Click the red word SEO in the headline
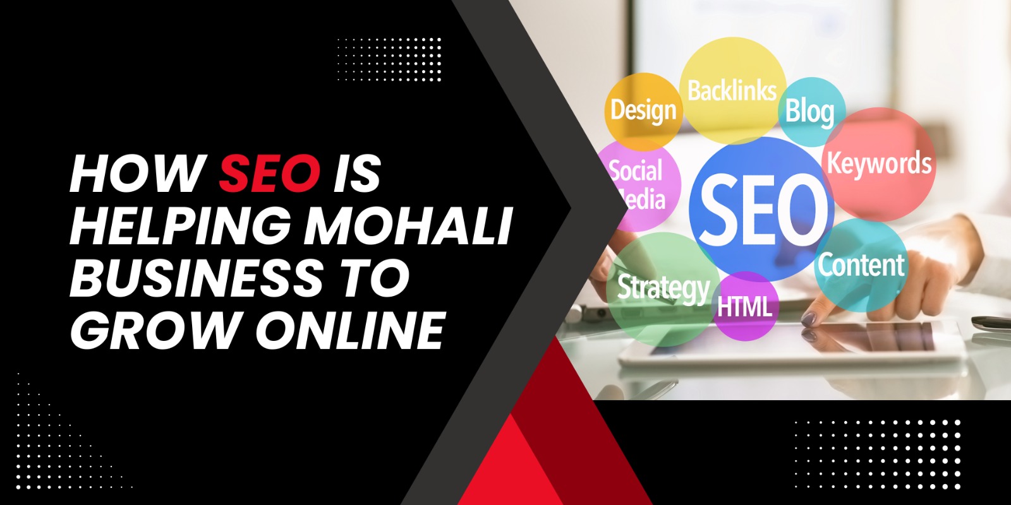(269, 174)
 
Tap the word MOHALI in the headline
(408, 225)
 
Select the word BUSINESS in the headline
(196, 278)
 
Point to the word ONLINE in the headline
(351, 330)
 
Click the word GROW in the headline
(155, 330)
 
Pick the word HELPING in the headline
(181, 225)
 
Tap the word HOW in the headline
(136, 174)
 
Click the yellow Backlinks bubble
(732, 90)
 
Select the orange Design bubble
(643, 110)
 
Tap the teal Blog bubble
(810, 111)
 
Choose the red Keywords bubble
(879, 163)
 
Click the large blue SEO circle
(762, 208)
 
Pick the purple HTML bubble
(745, 307)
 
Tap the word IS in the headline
(357, 174)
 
